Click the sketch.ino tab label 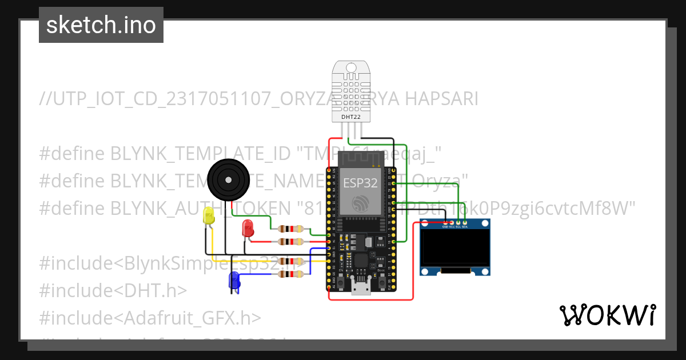tap(101, 25)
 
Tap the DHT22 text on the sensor tap(350, 117)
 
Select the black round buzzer tap(229, 180)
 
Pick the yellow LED tap(209, 217)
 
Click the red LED tap(248, 227)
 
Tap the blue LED tap(234, 280)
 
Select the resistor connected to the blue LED tap(291, 274)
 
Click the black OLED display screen tap(456, 249)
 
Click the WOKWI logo tap(607, 315)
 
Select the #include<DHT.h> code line tap(113, 290)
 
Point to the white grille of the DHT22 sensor tap(351, 89)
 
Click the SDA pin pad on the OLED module tap(465, 222)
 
